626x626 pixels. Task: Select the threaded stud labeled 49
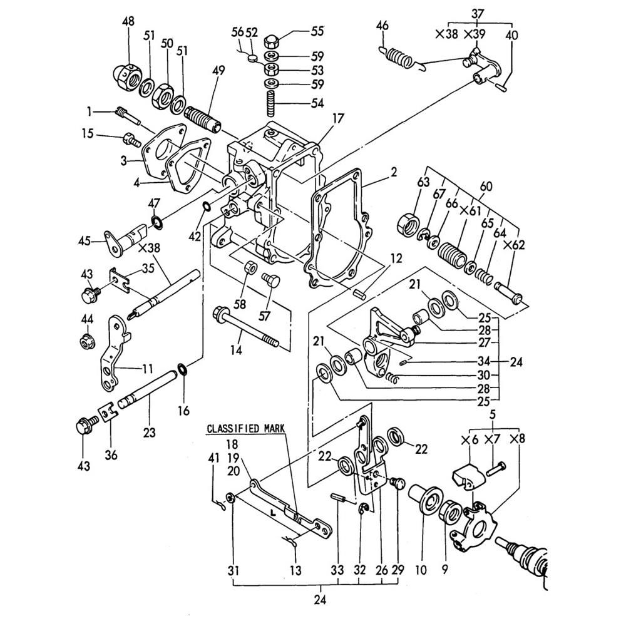204,118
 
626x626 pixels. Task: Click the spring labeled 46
398,56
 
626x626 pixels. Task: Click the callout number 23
149,431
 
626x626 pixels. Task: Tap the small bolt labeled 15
132,140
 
